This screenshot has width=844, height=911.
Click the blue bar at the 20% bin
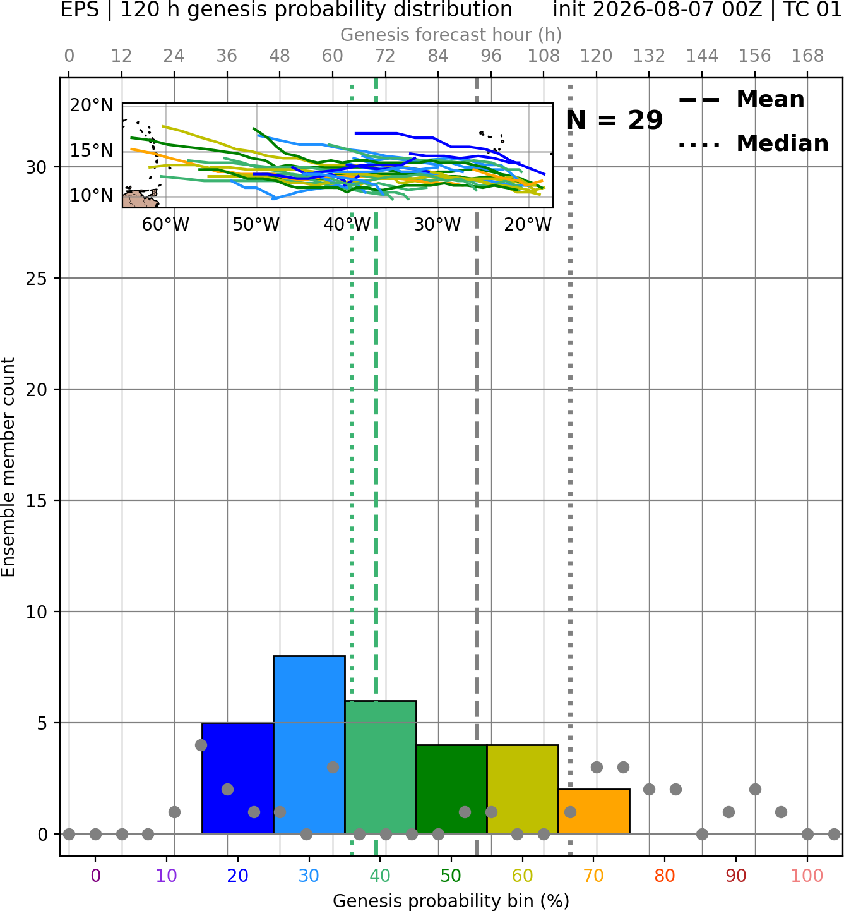coord(238,778)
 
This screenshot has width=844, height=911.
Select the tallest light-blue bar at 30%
coord(309,745)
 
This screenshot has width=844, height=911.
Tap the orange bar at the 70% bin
coord(594,811)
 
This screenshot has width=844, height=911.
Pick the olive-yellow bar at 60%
coord(523,790)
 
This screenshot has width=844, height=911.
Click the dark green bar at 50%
coord(451,790)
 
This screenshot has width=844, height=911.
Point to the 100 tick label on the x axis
coord(807,876)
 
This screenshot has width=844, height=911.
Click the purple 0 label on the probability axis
coord(95,876)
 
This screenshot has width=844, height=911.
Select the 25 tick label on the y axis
coord(36,279)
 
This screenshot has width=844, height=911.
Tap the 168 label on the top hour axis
coord(807,56)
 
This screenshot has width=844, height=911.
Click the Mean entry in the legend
coord(741,99)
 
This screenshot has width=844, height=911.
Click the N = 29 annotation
coord(614,120)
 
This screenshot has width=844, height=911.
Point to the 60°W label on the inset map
coord(165,224)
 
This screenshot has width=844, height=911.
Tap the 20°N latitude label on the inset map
coord(92,106)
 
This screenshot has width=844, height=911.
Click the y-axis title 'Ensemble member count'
coord(8,467)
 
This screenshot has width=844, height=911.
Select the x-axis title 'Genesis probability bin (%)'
coord(451,901)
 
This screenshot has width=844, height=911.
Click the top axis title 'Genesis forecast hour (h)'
coord(451,35)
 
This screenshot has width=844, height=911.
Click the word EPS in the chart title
coord(80,9)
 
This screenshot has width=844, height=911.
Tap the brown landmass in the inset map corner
coord(139,199)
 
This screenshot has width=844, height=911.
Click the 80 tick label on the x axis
coord(665,876)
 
